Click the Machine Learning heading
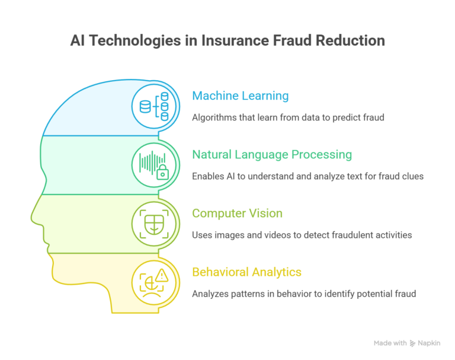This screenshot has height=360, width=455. [240, 95]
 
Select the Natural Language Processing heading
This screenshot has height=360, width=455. [272, 155]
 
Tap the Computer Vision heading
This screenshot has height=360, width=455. [237, 214]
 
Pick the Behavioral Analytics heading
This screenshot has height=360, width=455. [246, 272]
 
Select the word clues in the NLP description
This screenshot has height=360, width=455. [411, 176]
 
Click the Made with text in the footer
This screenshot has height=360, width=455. [390, 343]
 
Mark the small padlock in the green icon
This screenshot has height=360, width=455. [162, 174]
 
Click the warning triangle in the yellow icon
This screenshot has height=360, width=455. [162, 275]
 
